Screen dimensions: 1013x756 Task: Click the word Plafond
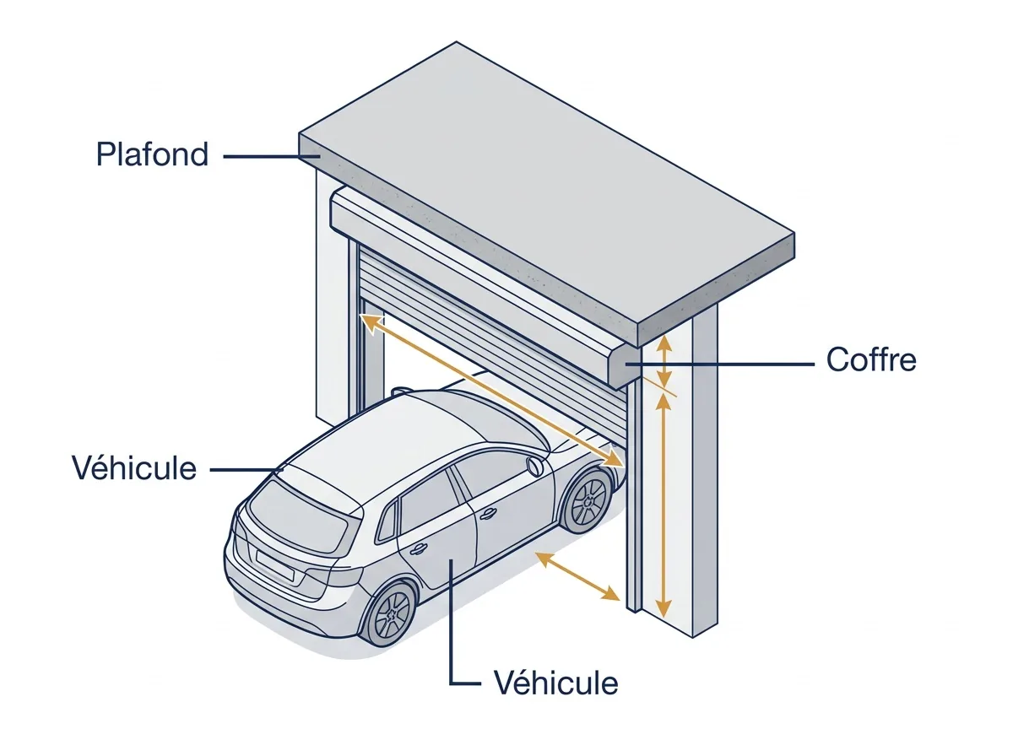tap(152, 154)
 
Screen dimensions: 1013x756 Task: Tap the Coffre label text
tap(871, 359)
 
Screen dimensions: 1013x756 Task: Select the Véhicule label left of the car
tap(134, 468)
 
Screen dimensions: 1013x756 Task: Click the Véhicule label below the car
tap(556, 683)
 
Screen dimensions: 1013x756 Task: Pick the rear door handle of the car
tap(419, 548)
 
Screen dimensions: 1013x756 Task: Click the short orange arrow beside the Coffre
tap(664, 363)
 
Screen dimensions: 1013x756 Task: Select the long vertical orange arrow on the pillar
tap(664, 506)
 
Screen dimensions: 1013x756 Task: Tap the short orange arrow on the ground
tap(577, 576)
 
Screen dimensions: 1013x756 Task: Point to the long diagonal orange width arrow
tap(492, 391)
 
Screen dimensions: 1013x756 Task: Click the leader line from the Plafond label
tap(271, 156)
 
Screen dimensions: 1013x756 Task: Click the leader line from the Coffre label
tap(719, 364)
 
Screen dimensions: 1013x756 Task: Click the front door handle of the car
tap(487, 514)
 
